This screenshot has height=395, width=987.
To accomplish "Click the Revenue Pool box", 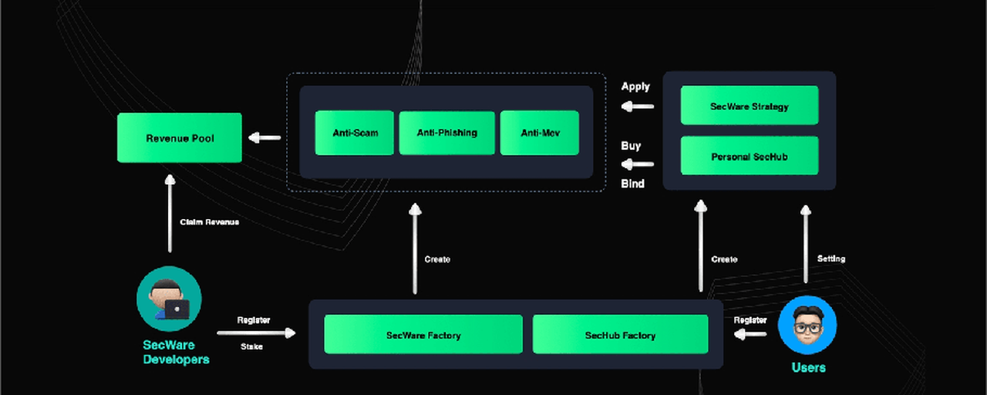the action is [180, 137].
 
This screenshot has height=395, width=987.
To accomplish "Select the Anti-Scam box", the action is [354, 133].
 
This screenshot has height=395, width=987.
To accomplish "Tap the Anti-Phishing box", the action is [446, 133].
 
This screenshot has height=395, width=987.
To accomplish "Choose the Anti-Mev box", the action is [540, 133].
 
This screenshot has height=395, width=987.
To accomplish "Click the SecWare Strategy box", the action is [750, 106].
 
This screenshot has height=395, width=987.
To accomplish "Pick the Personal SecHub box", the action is [750, 156].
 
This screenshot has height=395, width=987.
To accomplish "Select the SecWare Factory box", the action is [423, 334].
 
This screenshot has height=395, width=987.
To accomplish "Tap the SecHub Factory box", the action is [621, 334].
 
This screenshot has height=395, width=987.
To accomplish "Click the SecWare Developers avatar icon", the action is [169, 299].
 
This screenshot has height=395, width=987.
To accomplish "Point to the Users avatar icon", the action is [807, 325].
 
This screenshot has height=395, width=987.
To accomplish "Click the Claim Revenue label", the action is [209, 221].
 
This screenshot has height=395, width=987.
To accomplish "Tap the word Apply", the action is [635, 86].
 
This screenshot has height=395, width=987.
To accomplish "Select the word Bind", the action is [633, 184].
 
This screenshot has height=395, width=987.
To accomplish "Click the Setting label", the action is [831, 258].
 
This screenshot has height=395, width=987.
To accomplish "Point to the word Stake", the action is [251, 346].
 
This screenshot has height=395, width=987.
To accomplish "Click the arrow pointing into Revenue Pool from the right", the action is [264, 138].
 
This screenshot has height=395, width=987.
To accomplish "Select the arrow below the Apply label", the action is [637, 106].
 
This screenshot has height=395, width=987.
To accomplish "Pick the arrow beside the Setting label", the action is [806, 244].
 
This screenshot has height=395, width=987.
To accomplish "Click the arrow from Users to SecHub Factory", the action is [750, 334].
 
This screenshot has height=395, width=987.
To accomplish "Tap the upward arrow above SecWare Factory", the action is [415, 248].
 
